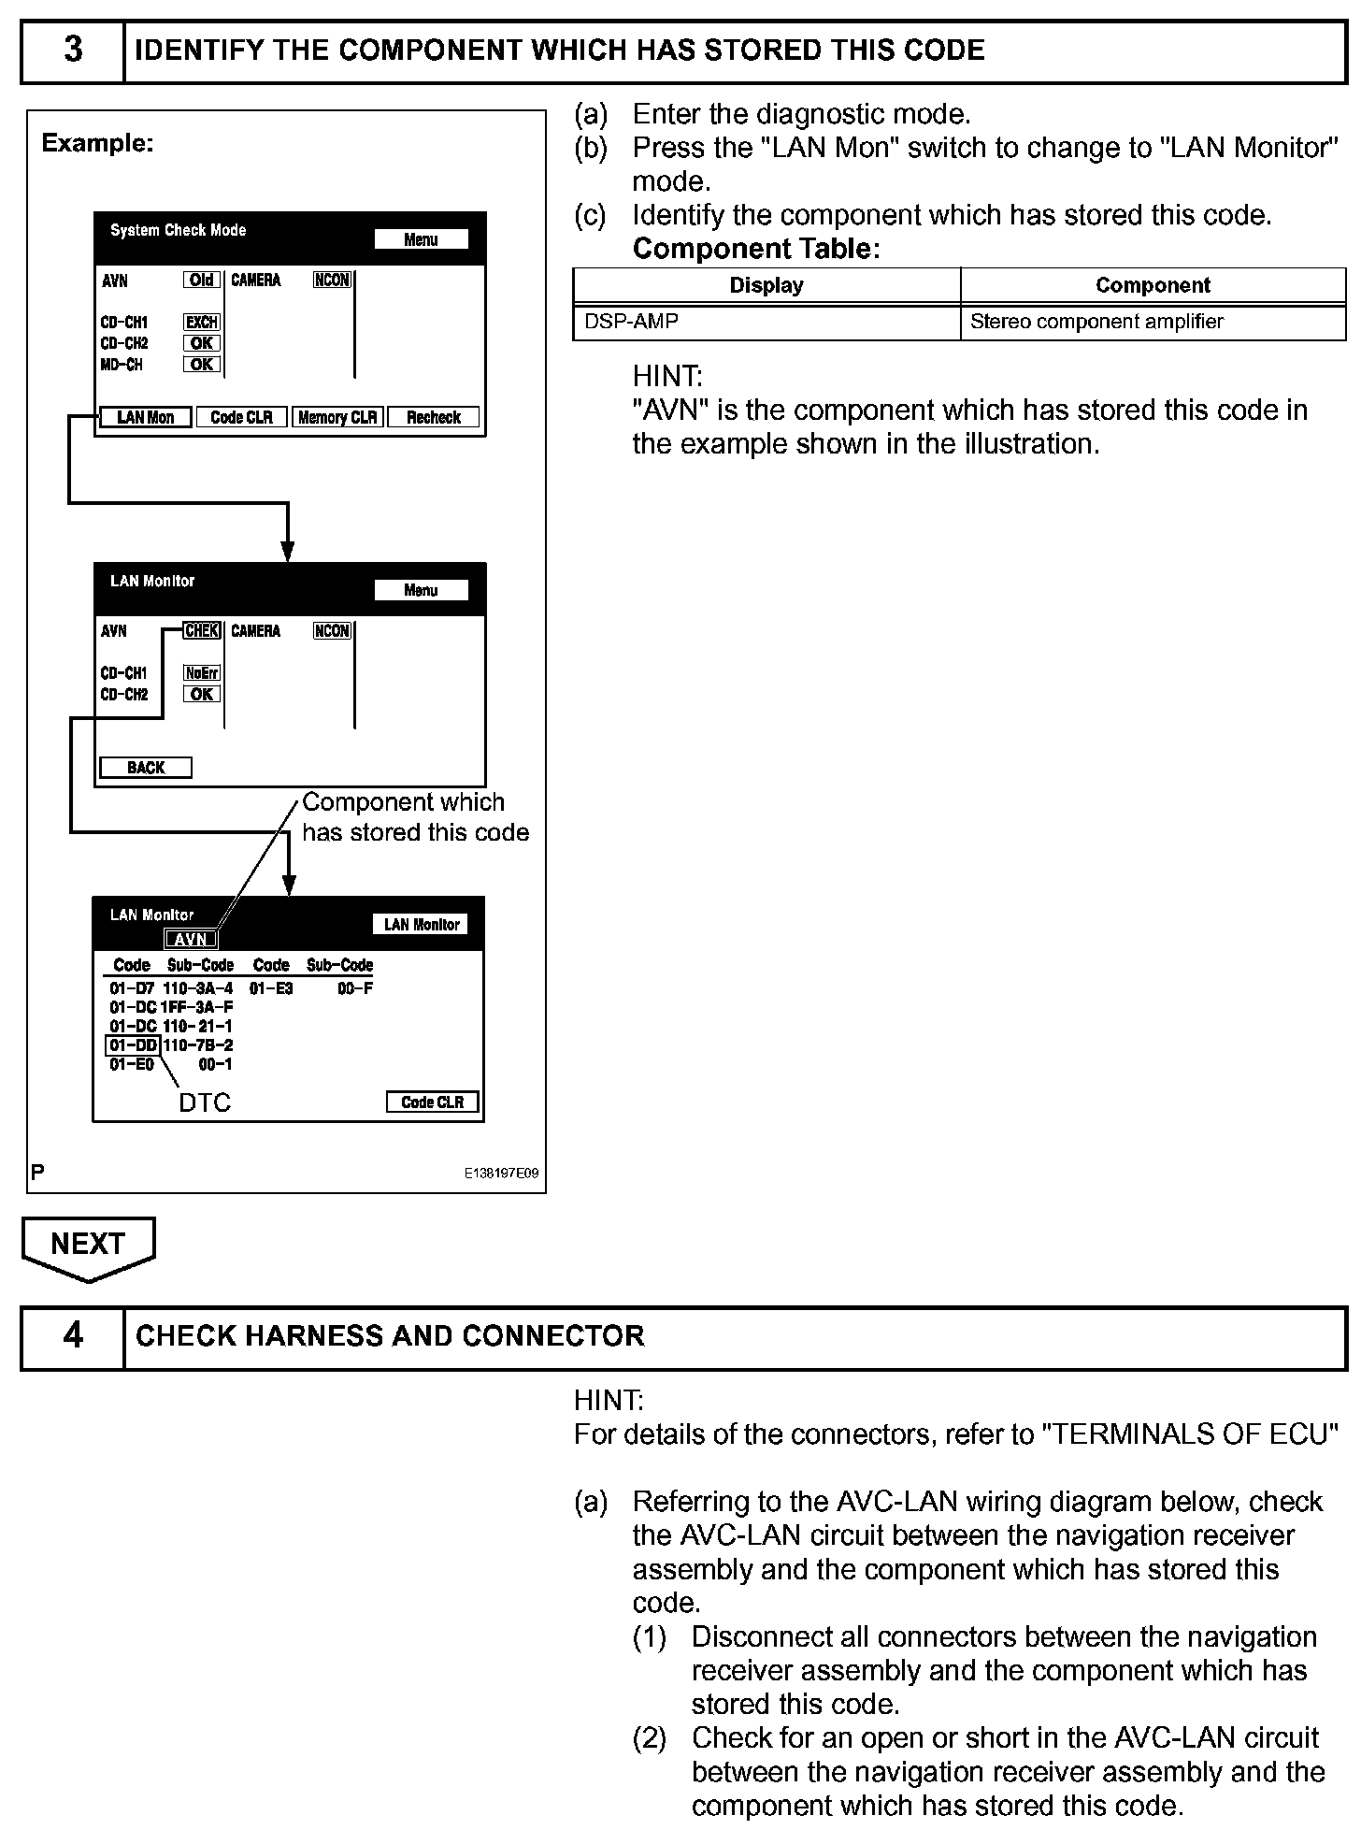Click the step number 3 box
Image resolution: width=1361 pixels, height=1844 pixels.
coord(73,50)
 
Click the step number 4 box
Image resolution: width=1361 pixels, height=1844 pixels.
coord(73,1335)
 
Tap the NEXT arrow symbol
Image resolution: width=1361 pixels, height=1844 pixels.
coord(88,1247)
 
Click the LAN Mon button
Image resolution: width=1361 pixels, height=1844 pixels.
coord(145,417)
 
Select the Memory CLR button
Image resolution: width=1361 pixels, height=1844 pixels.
coord(337,417)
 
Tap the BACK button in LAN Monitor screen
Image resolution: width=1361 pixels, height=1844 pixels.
coord(146,768)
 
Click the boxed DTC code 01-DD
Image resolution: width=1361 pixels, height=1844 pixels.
coord(133,1044)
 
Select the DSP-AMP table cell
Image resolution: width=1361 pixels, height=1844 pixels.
coord(766,322)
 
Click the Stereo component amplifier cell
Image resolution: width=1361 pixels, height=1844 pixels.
coord(1152,322)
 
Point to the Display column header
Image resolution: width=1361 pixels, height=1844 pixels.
coord(766,285)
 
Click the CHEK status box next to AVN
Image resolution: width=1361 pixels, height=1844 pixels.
coord(202,631)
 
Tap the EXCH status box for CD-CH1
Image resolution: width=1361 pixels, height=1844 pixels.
coord(202,322)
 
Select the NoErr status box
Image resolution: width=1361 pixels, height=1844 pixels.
coord(202,672)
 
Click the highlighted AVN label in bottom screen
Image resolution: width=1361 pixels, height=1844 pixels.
coord(191,940)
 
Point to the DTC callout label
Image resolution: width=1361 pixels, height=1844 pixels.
coord(205,1103)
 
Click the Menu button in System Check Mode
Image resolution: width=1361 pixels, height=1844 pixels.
coord(421,239)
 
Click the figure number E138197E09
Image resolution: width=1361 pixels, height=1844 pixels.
coord(501,1174)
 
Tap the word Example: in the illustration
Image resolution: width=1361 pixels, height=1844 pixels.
coord(97,143)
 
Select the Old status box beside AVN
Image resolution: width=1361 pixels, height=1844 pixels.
coord(202,280)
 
